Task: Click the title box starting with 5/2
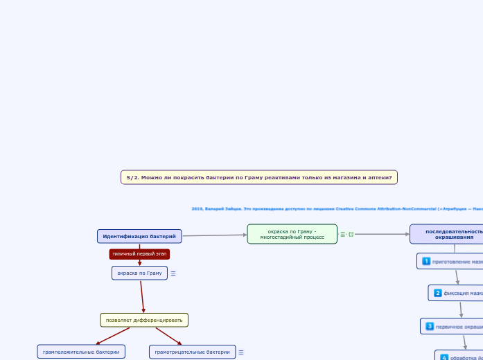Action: (258, 177)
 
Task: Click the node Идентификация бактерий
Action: (139, 236)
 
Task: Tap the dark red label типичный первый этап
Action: (139, 254)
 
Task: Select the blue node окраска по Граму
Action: (139, 273)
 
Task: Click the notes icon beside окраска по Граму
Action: (173, 273)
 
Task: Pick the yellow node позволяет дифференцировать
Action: (144, 320)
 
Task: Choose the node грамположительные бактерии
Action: (81, 352)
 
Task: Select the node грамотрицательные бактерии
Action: (192, 352)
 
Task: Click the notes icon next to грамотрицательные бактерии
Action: (241, 352)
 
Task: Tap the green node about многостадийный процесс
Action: (292, 234)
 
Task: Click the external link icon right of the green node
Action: (351, 234)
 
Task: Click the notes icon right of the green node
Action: (342, 234)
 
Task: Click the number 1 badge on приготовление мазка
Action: (426, 262)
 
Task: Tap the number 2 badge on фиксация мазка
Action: (438, 293)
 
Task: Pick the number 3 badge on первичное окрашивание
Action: (430, 326)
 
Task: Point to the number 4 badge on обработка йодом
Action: (444, 357)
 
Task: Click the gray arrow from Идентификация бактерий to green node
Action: (215, 235)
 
